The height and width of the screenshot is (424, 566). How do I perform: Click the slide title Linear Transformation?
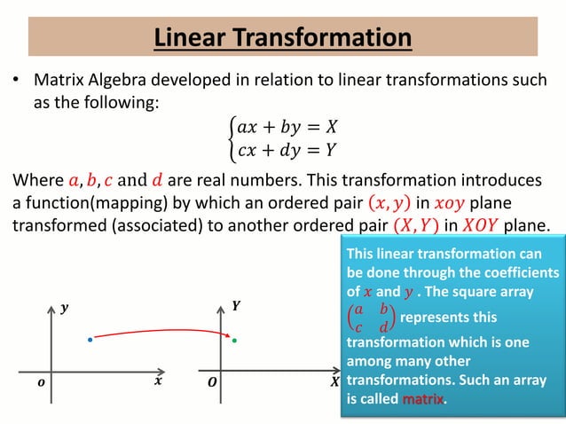(282, 38)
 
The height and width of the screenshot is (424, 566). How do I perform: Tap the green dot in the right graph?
(234, 340)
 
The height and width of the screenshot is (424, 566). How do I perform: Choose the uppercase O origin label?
(211, 382)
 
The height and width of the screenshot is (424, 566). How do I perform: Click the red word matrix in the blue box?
(422, 399)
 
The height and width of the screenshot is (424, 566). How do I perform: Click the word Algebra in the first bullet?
(122, 81)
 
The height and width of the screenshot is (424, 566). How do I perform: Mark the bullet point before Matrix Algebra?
(15, 82)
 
